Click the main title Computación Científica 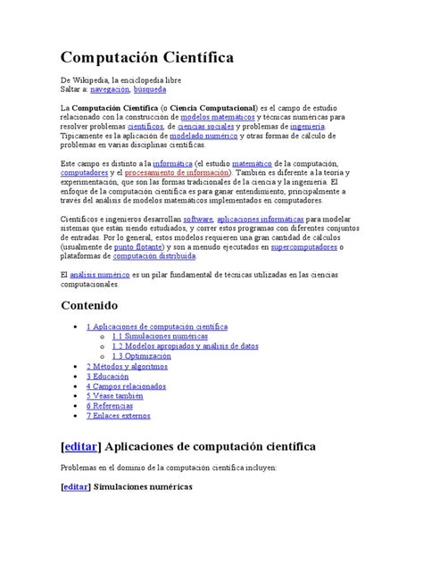[x=147, y=59]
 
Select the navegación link [x=108, y=90]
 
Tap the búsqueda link [x=149, y=90]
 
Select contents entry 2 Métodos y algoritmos [x=129, y=366]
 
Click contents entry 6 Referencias [x=113, y=405]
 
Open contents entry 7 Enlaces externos [x=121, y=415]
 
